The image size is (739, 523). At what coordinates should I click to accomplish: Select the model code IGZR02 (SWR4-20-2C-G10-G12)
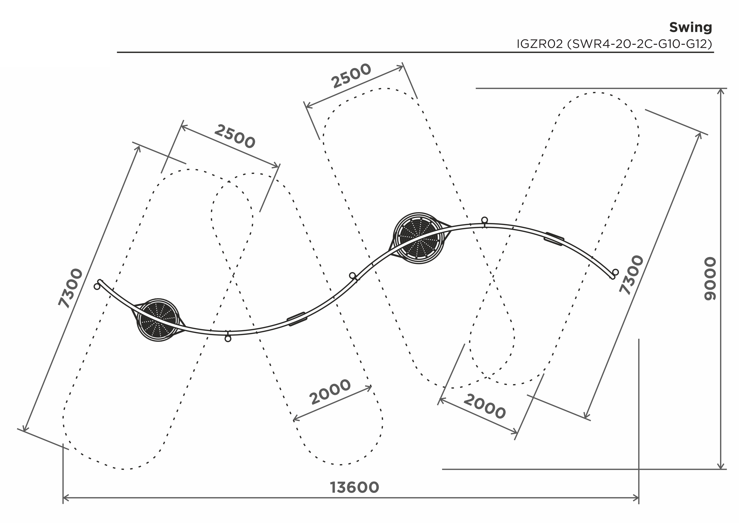click(614, 44)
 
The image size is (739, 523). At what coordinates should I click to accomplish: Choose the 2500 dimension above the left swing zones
click(235, 137)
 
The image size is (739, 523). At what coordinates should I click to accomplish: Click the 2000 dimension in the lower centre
click(330, 392)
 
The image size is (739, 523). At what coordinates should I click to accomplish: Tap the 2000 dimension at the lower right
click(485, 406)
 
